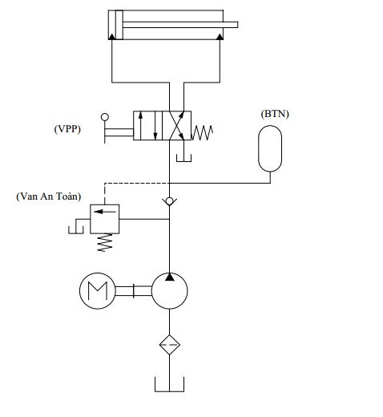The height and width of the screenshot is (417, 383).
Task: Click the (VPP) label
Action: pyautogui.click(x=67, y=129)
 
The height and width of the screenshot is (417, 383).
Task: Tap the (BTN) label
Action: pyautogui.click(x=275, y=114)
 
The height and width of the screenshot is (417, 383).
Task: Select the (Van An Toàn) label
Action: pyautogui.click(x=49, y=196)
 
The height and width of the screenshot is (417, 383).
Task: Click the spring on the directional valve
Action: pyautogui.click(x=202, y=133)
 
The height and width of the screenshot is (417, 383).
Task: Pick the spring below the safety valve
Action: pyautogui.click(x=105, y=242)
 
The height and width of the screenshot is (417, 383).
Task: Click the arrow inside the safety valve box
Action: pyautogui.click(x=105, y=212)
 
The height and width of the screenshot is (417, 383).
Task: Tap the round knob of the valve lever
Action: pyautogui.click(x=105, y=117)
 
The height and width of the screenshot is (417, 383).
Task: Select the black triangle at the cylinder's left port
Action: pyautogui.click(x=112, y=37)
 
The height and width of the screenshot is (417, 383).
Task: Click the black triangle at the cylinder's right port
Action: pyautogui.click(x=220, y=37)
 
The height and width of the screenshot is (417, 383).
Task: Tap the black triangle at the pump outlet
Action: pyautogui.click(x=170, y=277)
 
